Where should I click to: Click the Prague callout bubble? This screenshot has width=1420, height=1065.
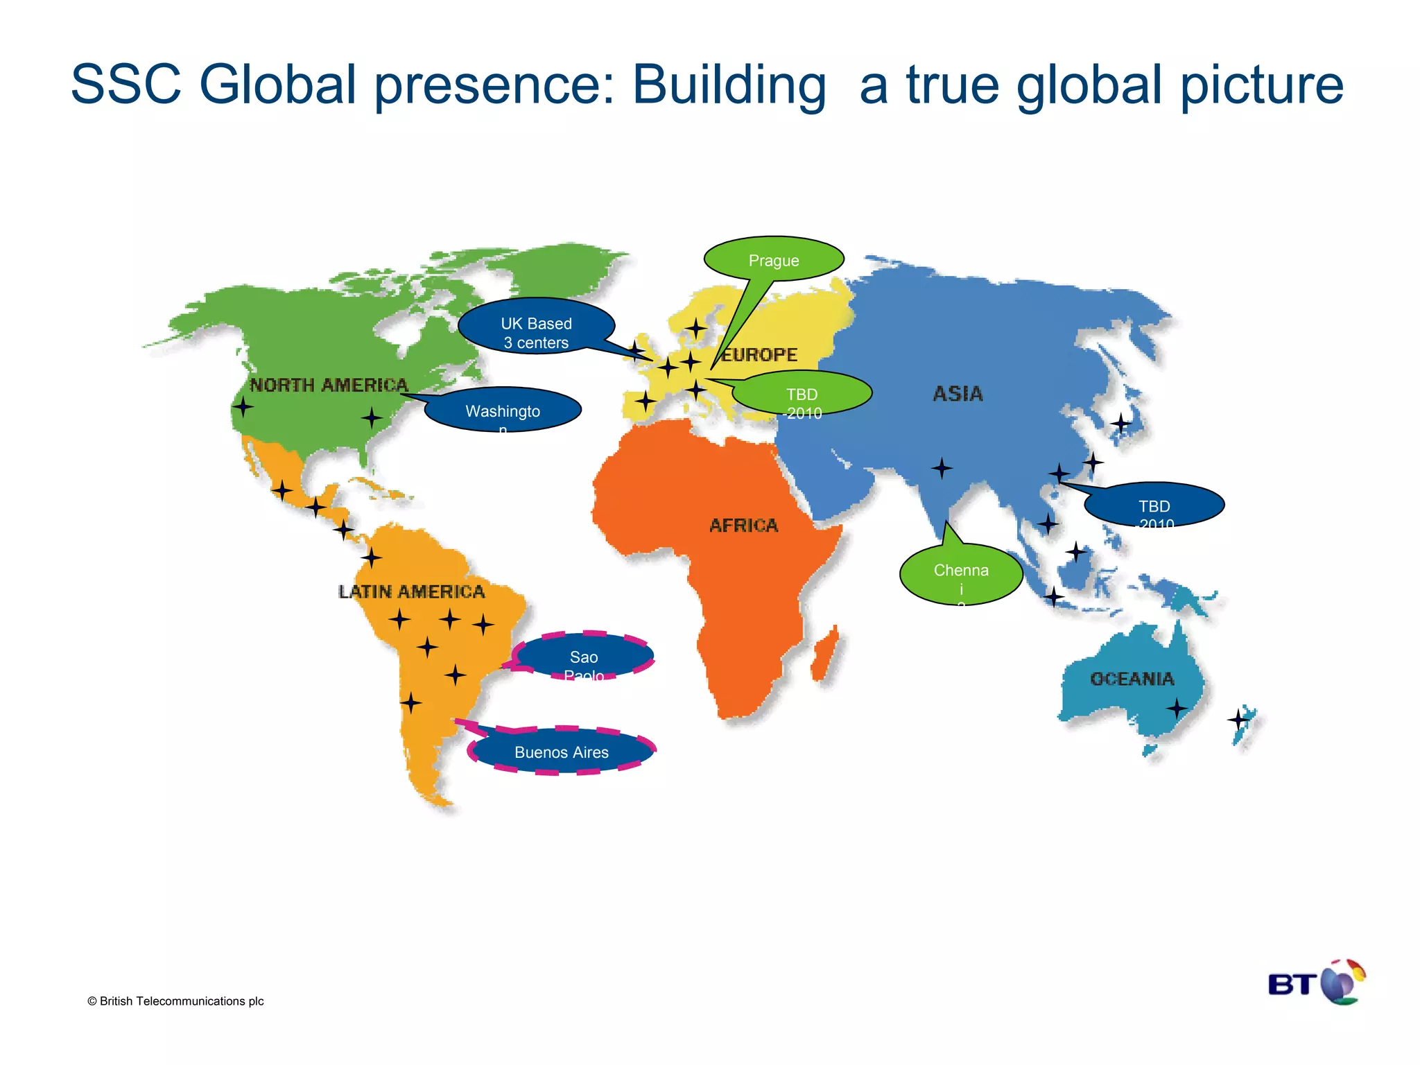click(774, 260)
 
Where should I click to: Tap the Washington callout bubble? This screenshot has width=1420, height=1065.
click(503, 410)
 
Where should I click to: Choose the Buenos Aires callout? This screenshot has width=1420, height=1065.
click(562, 752)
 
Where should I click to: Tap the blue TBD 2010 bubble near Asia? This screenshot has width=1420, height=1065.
click(1154, 505)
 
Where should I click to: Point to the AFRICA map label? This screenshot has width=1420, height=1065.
click(744, 526)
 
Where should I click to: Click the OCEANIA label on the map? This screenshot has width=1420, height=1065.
click(1132, 679)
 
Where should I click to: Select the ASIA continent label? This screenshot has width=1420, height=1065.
click(958, 394)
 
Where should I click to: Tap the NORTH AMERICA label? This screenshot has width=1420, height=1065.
click(329, 385)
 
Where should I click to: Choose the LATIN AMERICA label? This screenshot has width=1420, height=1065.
click(412, 591)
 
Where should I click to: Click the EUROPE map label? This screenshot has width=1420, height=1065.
click(760, 355)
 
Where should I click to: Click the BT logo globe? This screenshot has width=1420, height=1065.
click(1342, 981)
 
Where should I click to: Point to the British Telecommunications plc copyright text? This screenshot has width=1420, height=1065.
click(175, 1001)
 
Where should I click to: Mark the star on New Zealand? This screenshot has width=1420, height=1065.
click(1238, 720)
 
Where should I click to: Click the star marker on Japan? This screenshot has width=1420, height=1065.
click(1121, 422)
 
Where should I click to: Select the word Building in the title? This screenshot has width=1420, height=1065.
click(729, 85)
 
